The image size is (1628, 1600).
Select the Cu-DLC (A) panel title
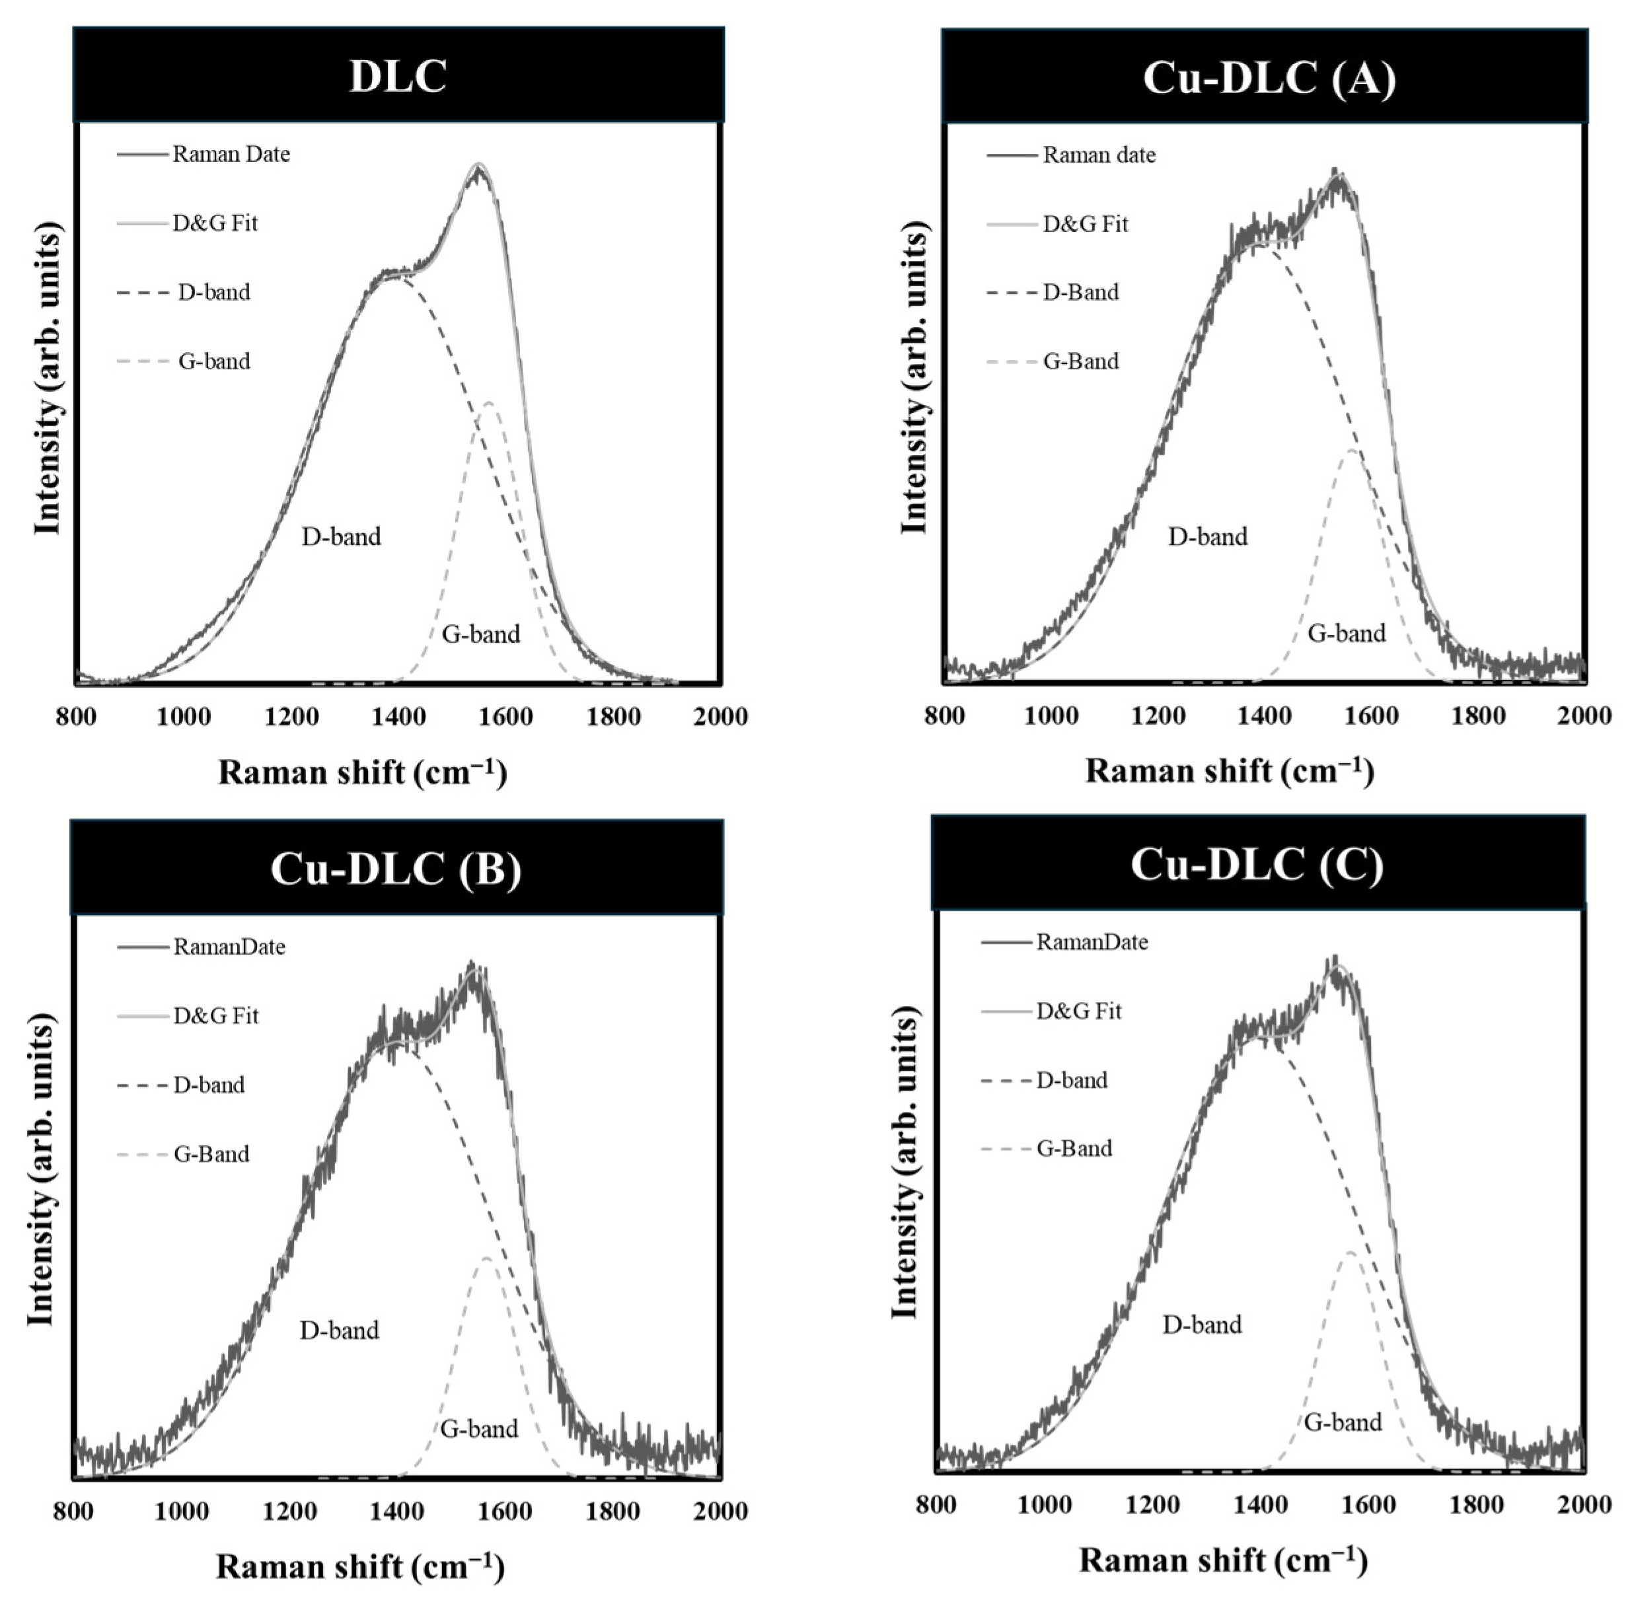[1269, 78]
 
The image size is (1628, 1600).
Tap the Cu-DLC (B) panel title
[396, 868]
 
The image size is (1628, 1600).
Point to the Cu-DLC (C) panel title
[1257, 864]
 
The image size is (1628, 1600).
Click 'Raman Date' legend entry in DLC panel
[231, 154]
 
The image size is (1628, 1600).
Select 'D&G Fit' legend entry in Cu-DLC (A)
[1085, 223]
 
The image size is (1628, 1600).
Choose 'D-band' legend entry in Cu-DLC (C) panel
[1072, 1080]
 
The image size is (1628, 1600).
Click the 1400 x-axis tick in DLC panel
[398, 717]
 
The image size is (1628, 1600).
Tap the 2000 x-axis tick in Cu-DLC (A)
[1584, 716]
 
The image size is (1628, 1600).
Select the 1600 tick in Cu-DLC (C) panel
[1368, 1504]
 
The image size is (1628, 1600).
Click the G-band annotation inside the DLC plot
[481, 634]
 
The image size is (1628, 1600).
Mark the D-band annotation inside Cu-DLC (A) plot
[1208, 536]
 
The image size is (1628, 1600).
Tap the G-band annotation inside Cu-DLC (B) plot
[479, 1428]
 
